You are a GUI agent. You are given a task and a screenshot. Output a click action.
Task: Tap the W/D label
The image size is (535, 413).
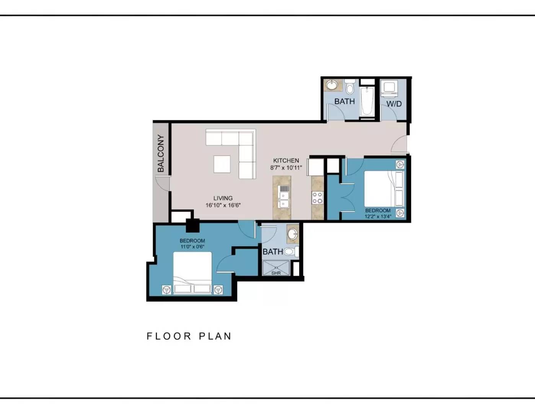click(394, 104)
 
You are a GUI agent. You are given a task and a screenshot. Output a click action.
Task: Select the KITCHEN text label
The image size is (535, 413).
click(286, 161)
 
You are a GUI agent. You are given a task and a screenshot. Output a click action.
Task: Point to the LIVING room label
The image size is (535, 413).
click(223, 198)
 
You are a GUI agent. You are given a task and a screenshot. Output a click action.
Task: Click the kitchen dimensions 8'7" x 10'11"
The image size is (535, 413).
click(286, 168)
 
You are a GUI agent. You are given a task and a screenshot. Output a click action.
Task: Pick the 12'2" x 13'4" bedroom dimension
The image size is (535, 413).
click(378, 217)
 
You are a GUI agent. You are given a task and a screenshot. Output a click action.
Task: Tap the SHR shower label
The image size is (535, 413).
click(276, 273)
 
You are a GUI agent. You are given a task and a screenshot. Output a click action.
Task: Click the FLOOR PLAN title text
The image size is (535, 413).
click(189, 336)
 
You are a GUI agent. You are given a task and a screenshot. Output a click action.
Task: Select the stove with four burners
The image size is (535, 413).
click(318, 198)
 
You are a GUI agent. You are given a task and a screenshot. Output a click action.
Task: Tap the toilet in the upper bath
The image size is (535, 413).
click(349, 86)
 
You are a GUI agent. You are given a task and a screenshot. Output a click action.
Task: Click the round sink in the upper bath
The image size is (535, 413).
click(332, 85)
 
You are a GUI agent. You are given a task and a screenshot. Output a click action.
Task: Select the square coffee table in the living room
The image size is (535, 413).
click(222, 164)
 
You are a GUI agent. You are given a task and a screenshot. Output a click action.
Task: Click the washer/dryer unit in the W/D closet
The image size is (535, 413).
click(389, 89)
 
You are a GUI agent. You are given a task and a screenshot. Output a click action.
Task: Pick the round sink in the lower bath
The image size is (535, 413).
click(293, 233)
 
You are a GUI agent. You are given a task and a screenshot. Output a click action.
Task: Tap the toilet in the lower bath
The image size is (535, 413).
click(291, 252)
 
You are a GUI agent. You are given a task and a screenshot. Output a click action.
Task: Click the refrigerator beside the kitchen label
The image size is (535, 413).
click(315, 167)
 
